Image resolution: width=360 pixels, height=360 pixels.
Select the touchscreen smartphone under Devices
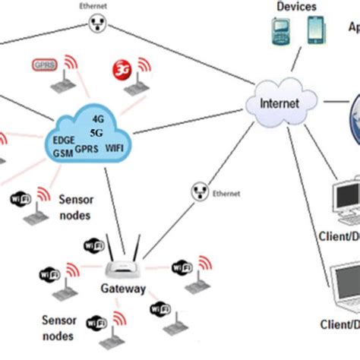pos(314,31)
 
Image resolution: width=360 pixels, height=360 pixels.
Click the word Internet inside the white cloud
pos(279,103)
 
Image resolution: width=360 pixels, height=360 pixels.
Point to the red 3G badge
pos(122,69)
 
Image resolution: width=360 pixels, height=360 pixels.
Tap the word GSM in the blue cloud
pos(63,153)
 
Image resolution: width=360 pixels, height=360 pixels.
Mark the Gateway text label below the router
pos(123,289)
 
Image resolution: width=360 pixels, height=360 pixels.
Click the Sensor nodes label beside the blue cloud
pos(77,206)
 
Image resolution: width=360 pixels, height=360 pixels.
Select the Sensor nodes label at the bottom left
pos(58,327)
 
